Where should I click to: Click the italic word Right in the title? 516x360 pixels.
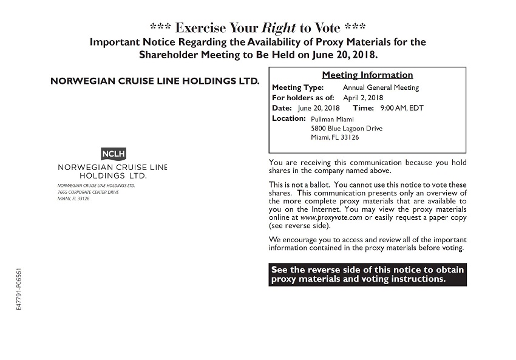point(279,28)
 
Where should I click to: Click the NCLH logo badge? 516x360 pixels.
point(114,154)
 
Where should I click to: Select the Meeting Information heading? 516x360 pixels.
point(367,75)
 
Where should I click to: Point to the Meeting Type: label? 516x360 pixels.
point(297,87)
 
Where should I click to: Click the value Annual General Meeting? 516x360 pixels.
point(381,87)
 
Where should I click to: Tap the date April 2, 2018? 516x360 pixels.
point(363,98)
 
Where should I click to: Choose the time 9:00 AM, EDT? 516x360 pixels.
point(401,108)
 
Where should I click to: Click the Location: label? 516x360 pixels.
point(288,118)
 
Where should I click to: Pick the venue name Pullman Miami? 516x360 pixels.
point(332,119)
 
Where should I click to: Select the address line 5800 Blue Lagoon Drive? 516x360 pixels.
point(347,128)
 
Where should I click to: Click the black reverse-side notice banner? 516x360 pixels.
point(367,274)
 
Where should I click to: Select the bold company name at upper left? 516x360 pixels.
point(154,80)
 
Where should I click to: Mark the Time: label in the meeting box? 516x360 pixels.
point(363,108)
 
